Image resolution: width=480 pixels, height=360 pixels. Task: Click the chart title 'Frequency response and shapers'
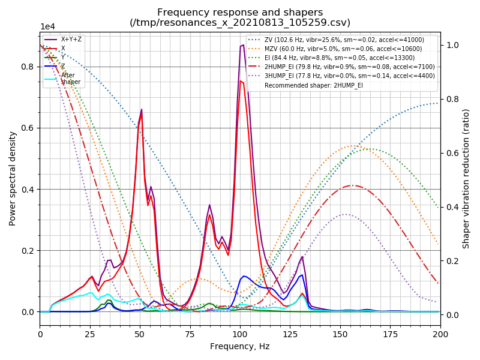(240, 13)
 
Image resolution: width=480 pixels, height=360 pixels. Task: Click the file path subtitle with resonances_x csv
(240, 23)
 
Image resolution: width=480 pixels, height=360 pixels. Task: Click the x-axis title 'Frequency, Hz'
(240, 346)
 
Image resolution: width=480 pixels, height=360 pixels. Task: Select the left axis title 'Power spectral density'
(13, 178)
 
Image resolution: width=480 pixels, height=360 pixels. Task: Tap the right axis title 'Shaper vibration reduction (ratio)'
(466, 178)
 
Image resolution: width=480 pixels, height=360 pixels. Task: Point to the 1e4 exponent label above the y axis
(48, 27)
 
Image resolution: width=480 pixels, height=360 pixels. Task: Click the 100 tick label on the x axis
(240, 334)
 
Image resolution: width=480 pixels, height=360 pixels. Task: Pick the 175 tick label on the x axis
(390, 334)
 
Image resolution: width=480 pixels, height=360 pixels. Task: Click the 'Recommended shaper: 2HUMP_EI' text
(313, 85)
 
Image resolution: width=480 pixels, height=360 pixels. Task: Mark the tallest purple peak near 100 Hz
(242, 45)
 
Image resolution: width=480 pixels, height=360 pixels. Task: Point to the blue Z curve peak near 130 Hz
(302, 274)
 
